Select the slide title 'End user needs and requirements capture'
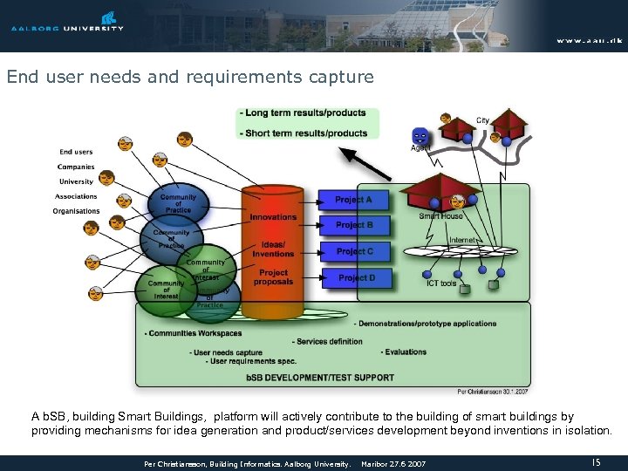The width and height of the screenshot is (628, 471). (190, 78)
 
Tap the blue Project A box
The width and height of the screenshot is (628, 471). (353, 200)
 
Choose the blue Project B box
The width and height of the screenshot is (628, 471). (353, 225)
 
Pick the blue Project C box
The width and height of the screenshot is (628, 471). (353, 251)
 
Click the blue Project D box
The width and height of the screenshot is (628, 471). (356, 277)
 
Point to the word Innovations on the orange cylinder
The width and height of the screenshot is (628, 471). (273, 217)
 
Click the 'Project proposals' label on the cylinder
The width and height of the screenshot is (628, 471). (273, 276)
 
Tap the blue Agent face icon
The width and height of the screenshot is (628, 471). (420, 136)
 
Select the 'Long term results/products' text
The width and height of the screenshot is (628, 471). (305, 113)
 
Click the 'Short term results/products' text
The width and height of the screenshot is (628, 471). (306, 133)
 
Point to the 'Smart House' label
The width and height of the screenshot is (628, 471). (440, 216)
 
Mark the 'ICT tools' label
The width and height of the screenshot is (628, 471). (440, 283)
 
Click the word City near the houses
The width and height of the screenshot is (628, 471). (482, 120)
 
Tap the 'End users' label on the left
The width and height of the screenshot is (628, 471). (76, 152)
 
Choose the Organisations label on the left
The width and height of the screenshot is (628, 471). (76, 211)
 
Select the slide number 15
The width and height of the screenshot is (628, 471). (597, 462)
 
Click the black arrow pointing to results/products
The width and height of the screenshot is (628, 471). (365, 164)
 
